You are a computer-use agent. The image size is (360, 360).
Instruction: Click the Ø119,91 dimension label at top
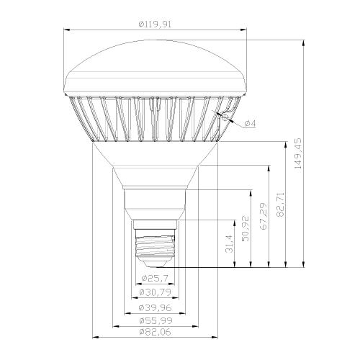coord(155,24)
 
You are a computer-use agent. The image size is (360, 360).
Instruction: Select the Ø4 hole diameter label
coord(251,124)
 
